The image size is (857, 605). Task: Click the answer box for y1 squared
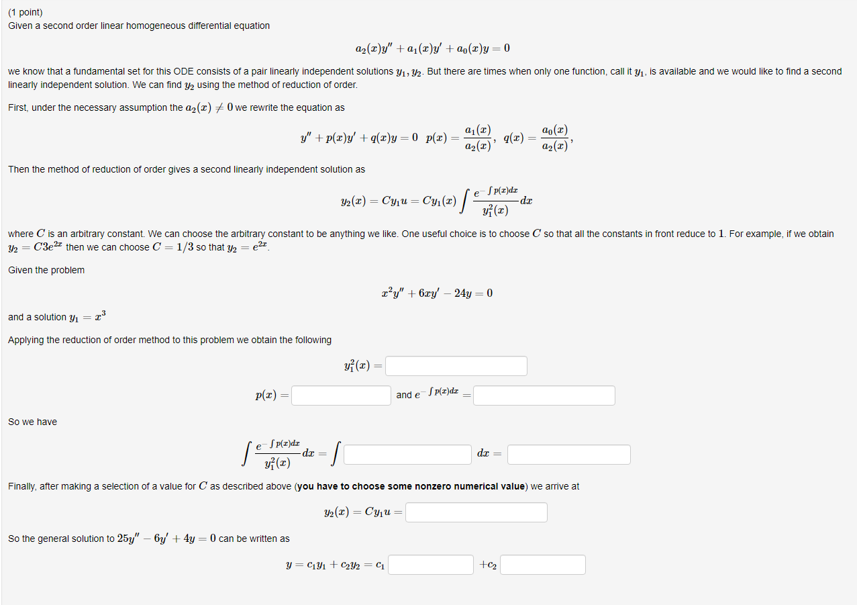pyautogui.click(x=456, y=366)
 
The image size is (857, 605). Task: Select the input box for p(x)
pyautogui.click(x=341, y=395)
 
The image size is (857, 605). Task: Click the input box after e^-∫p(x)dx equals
pyautogui.click(x=544, y=395)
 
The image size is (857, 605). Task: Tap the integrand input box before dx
pyautogui.click(x=408, y=455)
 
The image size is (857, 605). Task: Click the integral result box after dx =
pyautogui.click(x=568, y=455)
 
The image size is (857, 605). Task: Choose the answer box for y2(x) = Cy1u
pyautogui.click(x=476, y=512)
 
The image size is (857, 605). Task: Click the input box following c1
pyautogui.click(x=431, y=565)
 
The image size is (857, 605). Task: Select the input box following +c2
pyautogui.click(x=542, y=565)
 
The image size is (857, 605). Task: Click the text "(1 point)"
pyautogui.click(x=26, y=12)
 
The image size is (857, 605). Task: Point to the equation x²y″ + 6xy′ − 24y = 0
pyautogui.click(x=436, y=293)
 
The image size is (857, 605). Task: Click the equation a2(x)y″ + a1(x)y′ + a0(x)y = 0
pyautogui.click(x=432, y=48)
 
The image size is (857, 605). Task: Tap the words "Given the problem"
pyautogui.click(x=46, y=270)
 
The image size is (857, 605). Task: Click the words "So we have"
pyautogui.click(x=32, y=422)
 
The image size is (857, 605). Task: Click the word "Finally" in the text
pyautogui.click(x=21, y=486)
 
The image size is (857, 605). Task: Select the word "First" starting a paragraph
pyautogui.click(x=18, y=107)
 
